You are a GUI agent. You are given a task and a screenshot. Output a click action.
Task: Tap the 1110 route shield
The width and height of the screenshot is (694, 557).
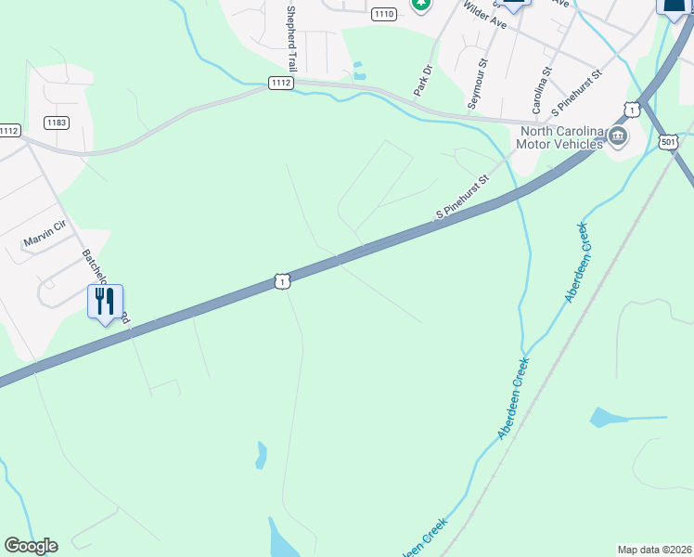click(383, 14)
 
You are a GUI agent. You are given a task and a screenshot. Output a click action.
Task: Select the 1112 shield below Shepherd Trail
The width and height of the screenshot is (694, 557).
click(281, 84)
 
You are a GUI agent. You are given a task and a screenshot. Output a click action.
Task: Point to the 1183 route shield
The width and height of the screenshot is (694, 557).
click(57, 123)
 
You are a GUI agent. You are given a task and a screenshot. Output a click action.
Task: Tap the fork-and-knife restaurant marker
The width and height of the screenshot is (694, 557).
click(105, 301)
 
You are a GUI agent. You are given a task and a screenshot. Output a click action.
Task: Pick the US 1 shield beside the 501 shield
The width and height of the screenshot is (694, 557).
click(632, 110)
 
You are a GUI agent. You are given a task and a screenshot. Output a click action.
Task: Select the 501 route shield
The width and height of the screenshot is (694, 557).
click(668, 141)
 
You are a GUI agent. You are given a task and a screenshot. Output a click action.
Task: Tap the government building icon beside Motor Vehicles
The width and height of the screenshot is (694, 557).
click(618, 138)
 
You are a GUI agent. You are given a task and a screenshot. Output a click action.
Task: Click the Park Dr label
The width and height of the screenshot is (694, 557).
click(422, 80)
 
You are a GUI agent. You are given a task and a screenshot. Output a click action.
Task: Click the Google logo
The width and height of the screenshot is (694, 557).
click(31, 546)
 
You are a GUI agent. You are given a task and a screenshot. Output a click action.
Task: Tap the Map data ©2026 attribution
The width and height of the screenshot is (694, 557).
click(653, 550)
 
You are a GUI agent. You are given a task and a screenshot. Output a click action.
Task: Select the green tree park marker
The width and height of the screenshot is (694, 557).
click(421, 5)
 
